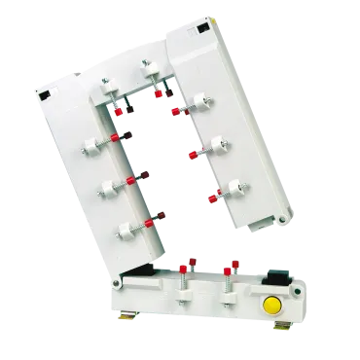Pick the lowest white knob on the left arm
coord(125,232)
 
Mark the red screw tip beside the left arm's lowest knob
coord(149,225)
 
